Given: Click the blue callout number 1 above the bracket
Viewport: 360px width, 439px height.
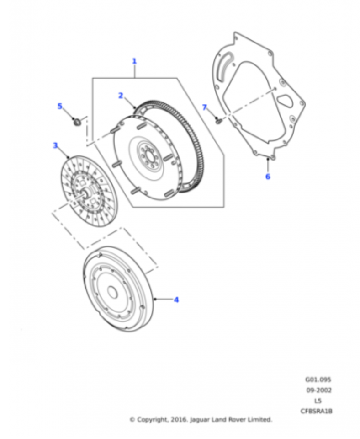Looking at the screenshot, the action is pos(134,61).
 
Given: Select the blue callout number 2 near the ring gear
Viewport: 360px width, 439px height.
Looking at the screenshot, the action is pos(121,96).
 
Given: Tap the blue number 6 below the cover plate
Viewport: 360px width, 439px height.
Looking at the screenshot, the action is pos(268,177).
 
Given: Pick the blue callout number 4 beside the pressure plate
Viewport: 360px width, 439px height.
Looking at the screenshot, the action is pos(176,300).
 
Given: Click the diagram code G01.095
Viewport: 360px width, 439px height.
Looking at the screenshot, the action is pos(318,380).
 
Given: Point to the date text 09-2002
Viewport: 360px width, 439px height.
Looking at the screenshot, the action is pos(318,390).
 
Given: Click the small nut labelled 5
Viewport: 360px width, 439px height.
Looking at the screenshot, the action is pos(77,122).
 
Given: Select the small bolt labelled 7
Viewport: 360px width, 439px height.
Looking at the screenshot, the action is pos(219,121).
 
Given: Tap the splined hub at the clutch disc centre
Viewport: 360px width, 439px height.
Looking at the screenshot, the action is pos(85,193).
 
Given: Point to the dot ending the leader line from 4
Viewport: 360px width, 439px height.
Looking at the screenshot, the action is pos(155,299).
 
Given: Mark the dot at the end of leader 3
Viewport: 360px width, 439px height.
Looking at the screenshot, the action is pos(68,158).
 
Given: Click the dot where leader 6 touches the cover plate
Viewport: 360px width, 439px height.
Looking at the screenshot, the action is pos(268,159).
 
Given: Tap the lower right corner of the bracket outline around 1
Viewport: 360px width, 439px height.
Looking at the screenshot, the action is pos(224,207).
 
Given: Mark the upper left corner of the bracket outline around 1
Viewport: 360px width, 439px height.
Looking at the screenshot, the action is pos(92,78).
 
